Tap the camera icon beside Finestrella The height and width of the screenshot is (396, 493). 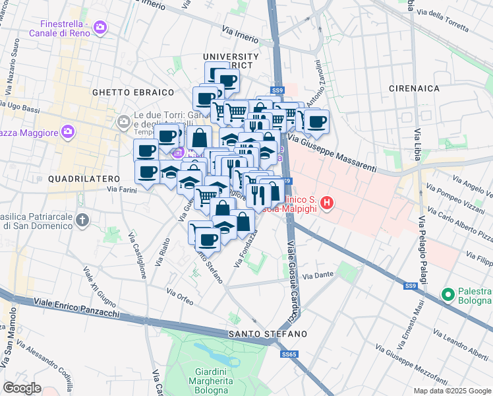tap(100, 27)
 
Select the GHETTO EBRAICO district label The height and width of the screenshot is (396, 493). tap(133, 92)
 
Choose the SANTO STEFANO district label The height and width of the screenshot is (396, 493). tap(268, 335)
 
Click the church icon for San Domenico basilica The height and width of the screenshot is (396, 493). tap(82, 219)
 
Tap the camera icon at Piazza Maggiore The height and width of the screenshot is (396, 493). tap(67, 132)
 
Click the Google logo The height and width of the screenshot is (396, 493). tap(22, 388)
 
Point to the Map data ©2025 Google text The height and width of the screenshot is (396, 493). tap(452, 391)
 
